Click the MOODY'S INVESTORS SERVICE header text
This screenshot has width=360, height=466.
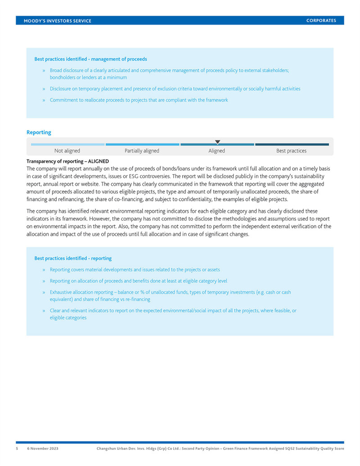[x=58, y=21]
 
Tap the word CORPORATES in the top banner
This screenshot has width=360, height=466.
[x=321, y=20]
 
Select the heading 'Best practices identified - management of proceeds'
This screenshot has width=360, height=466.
[x=90, y=59]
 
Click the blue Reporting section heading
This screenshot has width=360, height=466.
[x=39, y=132]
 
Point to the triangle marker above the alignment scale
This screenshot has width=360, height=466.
[x=218, y=142]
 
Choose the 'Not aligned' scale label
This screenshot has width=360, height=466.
[x=67, y=151]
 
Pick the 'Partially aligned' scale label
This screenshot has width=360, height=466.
[x=142, y=151]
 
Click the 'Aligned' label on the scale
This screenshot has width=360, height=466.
[x=216, y=151]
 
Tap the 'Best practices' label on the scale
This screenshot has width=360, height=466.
[x=291, y=151]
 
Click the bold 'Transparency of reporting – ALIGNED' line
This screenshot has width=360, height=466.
[x=67, y=161]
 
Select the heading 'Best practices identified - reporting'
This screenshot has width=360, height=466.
[x=73, y=258]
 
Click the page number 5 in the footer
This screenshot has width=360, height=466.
[x=18, y=448]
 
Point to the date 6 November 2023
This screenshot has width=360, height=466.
[x=43, y=448]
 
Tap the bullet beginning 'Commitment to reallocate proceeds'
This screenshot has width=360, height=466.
[x=139, y=100]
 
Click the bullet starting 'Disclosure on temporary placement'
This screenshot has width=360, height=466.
[x=175, y=89]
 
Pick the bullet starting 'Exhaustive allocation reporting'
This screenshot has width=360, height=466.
[x=170, y=292]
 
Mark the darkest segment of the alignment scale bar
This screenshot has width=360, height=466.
[x=292, y=144]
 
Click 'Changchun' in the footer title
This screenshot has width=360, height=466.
[x=108, y=448]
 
